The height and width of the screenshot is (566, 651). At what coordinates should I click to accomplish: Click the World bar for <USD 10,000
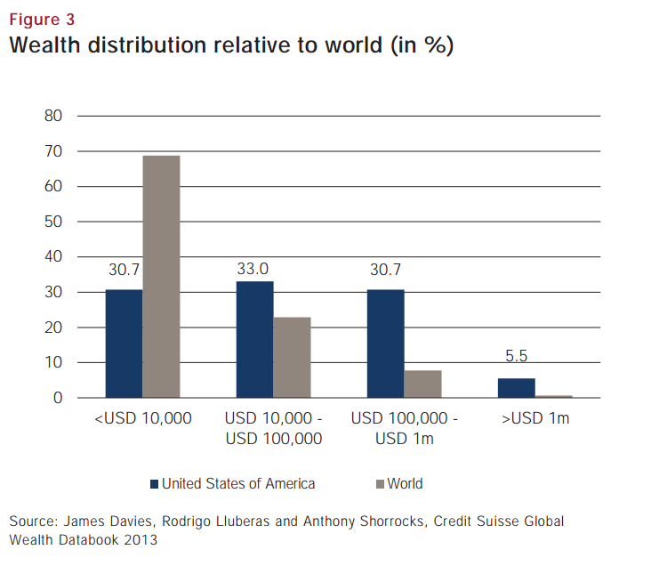(161, 277)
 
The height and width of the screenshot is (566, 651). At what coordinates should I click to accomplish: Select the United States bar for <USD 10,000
(124, 344)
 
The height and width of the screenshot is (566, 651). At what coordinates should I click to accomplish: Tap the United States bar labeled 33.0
(254, 339)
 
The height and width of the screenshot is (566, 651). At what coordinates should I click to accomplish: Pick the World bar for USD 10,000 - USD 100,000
(292, 357)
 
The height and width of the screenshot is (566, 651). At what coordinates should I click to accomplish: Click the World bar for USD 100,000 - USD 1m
(422, 384)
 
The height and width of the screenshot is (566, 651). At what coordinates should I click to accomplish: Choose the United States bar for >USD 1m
(517, 388)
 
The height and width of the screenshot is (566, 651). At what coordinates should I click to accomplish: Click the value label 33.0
(254, 267)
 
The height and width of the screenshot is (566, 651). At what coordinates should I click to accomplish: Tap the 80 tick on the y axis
(53, 116)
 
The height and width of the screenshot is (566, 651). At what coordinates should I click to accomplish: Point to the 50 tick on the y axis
(53, 222)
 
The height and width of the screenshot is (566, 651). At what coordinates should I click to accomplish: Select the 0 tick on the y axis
(58, 398)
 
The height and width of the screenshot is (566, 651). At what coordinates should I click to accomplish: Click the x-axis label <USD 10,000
(142, 418)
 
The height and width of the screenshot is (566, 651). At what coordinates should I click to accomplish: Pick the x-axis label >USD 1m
(534, 418)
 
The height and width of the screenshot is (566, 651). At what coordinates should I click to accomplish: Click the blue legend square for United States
(154, 484)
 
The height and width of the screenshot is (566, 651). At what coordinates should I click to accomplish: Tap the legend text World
(405, 484)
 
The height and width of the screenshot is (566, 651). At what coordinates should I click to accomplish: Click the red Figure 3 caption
(43, 19)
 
